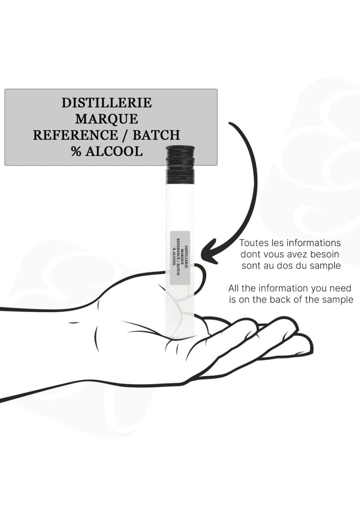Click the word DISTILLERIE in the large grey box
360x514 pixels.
tap(107, 103)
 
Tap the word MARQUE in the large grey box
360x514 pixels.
tap(107, 119)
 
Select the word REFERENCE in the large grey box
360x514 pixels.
tap(75, 135)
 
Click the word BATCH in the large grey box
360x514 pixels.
tap(156, 135)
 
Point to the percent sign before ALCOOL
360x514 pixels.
tap(76, 151)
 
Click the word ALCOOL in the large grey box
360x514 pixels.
tap(114, 151)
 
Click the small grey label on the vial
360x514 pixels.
tap(180, 258)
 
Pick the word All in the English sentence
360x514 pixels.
tap(233, 288)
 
